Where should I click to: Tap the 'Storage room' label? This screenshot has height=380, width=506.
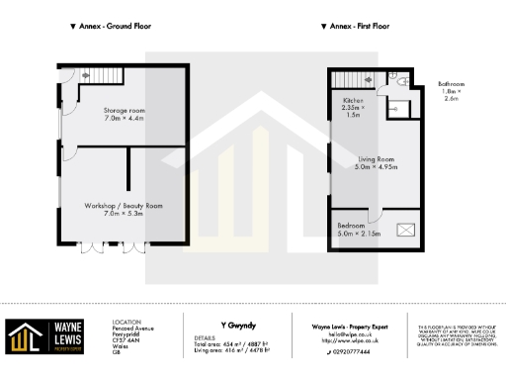(x=125, y=111)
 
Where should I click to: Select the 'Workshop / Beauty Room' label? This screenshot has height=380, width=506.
(x=125, y=205)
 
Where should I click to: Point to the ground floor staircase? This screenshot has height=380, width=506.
(x=92, y=75)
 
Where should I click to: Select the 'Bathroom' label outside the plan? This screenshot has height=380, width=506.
(x=453, y=86)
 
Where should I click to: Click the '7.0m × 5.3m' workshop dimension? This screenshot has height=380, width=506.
(x=125, y=213)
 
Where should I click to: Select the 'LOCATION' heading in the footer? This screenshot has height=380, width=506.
(x=127, y=322)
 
